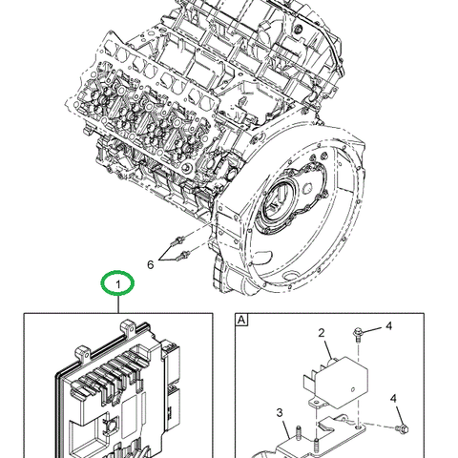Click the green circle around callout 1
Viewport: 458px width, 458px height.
118,283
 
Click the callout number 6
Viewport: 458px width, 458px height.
149,264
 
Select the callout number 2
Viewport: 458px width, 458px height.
322,334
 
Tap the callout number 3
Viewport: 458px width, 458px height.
280,412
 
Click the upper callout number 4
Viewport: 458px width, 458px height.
388,327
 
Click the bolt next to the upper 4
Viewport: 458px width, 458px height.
357,333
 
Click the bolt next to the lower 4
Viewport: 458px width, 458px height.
404,427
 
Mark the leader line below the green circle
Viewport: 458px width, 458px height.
118,303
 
